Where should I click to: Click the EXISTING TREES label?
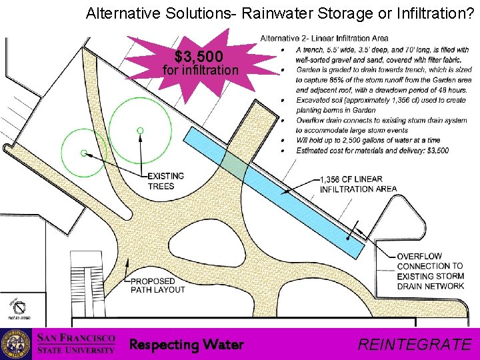point(165,181)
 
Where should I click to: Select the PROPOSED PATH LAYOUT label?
point(157,285)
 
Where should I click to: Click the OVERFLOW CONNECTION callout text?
point(430,271)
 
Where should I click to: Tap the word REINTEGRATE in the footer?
point(414,344)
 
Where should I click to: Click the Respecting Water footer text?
point(186,345)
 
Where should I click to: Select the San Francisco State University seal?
point(15,344)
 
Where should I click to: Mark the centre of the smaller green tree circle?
point(84,153)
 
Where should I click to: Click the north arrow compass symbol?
point(20,309)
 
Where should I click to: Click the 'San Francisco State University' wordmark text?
point(76,344)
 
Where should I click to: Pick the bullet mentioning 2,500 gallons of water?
point(368,141)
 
